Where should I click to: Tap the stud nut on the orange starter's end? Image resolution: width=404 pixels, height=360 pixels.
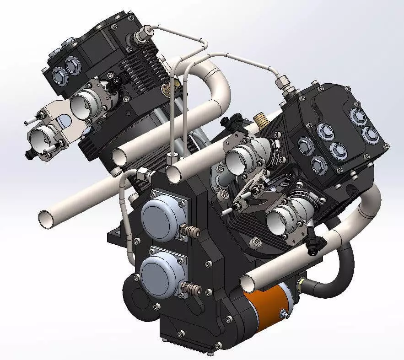(x=284, y=314)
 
